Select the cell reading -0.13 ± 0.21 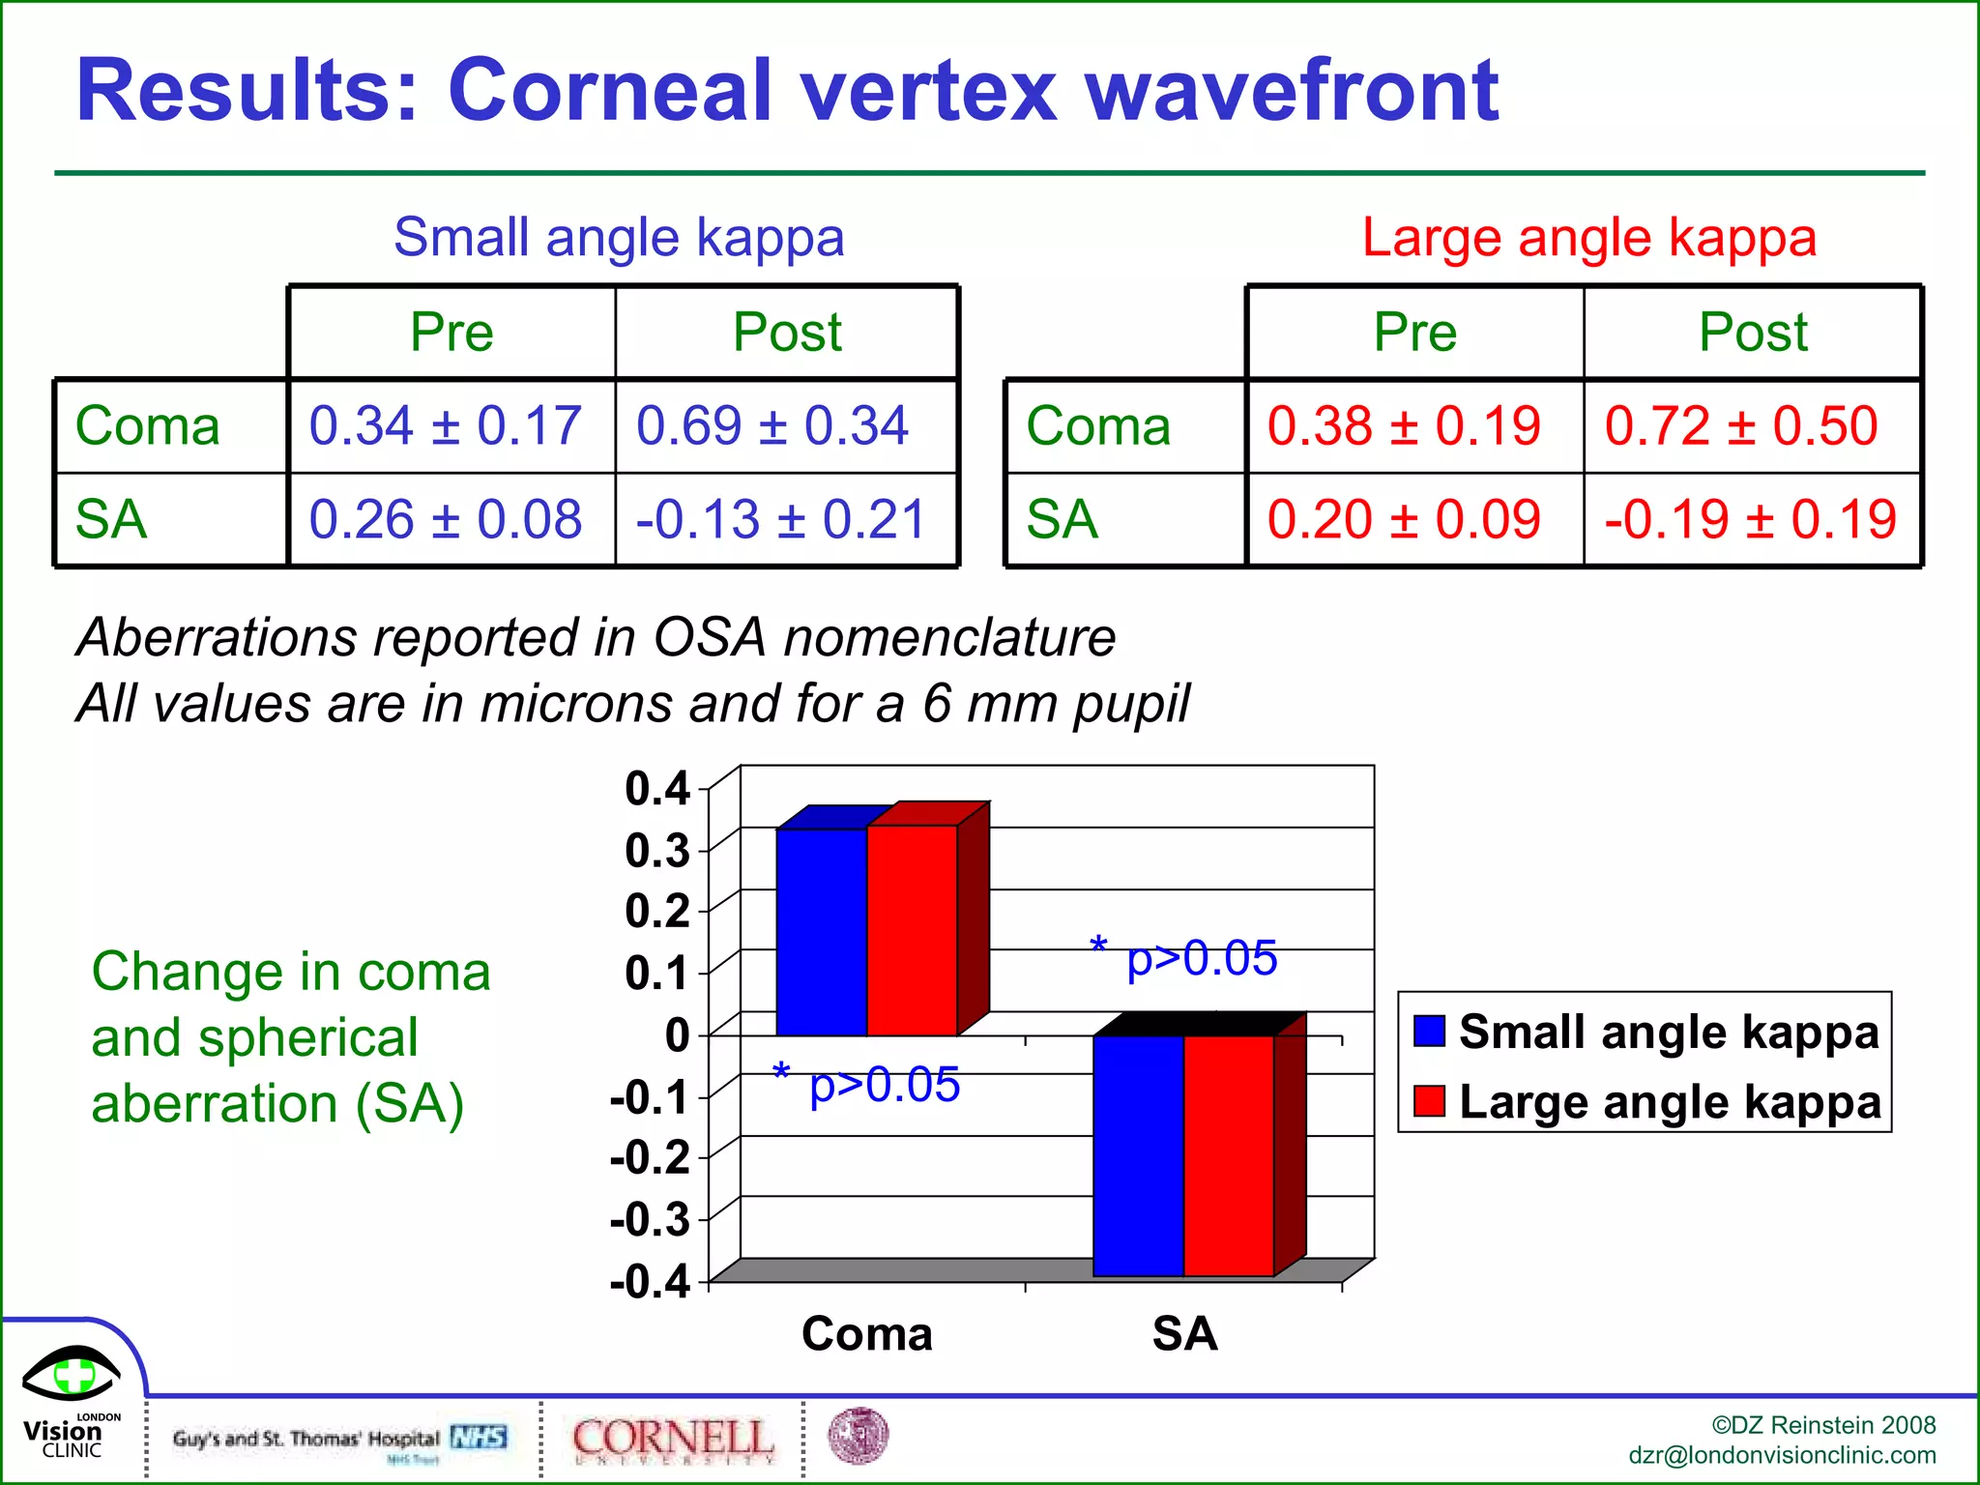tap(781, 520)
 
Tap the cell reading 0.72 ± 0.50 tap(1741, 425)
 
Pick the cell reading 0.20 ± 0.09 tap(1404, 520)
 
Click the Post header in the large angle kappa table tap(1753, 333)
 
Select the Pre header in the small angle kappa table tap(451, 333)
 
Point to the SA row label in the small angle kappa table tap(111, 520)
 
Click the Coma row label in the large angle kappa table tap(1098, 425)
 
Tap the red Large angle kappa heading tap(1588, 238)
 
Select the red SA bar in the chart tap(1229, 1155)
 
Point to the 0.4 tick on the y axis tap(657, 789)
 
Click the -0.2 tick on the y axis tap(650, 1157)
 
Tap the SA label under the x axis tap(1184, 1334)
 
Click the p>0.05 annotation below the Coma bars tap(883, 1085)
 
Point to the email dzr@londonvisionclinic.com tap(1782, 1455)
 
